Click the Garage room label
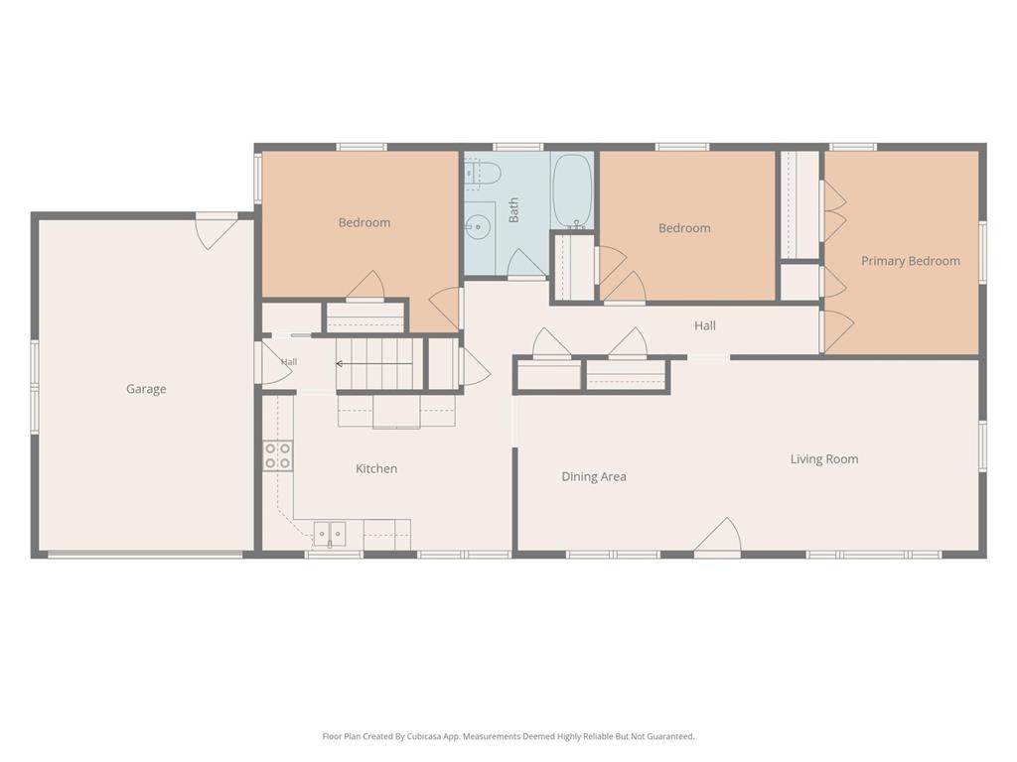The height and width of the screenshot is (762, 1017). pos(146,389)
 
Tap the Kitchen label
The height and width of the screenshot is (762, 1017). pos(376,468)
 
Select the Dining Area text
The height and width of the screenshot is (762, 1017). pos(594,477)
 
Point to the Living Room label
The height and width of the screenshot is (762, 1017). pos(824,459)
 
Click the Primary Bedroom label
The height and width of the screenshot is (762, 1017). pos(911,261)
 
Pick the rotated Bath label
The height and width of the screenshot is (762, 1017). pos(513,210)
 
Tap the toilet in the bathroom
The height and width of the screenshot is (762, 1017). pos(484,173)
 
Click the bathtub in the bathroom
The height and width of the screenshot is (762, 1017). pos(571,190)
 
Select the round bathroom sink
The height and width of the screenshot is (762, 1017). pos(479,226)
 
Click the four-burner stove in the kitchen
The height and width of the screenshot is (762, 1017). pos(278,455)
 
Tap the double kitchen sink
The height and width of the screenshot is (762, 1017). pos(330,534)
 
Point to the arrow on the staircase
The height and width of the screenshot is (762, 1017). pos(373,364)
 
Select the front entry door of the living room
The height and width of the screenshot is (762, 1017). pos(718,537)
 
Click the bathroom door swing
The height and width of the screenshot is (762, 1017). pos(525,264)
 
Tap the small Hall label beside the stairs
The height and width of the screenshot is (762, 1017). pos(289,362)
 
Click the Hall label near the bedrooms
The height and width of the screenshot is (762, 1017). pos(705,325)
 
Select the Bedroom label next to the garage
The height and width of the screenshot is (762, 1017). pos(364,223)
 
